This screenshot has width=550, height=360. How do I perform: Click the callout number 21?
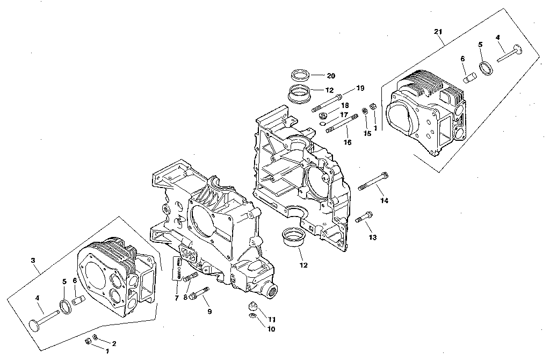pos(438,32)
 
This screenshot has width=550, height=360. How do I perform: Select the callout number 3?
pos(33,260)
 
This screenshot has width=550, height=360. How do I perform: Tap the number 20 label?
pos(331,76)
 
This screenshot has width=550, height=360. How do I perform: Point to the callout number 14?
pos(383,200)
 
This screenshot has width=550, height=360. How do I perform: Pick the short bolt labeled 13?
pos(364,217)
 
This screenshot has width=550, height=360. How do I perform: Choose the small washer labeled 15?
pos(365,111)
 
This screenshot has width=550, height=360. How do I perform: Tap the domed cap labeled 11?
pos(253,306)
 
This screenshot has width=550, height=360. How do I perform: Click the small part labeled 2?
pos(95,337)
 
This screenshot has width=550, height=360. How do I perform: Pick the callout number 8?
pos(185,297)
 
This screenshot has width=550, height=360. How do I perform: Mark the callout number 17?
pos(343,115)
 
